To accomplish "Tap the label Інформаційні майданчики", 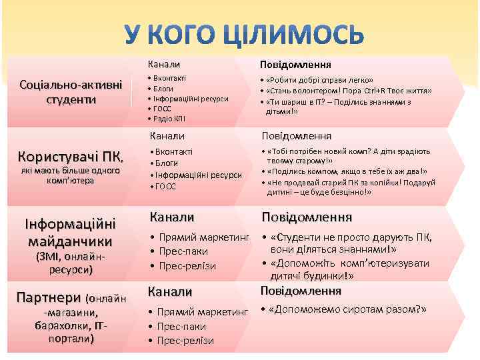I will tap(70, 231).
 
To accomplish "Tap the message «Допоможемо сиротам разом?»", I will tap(346, 309).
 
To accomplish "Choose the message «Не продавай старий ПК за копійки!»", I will tap(347, 187).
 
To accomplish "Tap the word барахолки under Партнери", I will tap(61, 325).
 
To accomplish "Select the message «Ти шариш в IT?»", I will tap(337, 107).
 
